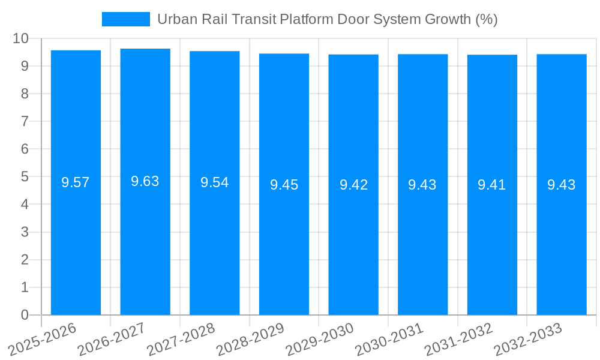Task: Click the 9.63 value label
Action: [x=145, y=181]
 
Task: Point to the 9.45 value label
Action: [x=284, y=185]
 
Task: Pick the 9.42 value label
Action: [x=353, y=185]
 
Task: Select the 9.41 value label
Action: [x=492, y=185]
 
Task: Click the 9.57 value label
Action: [x=76, y=182]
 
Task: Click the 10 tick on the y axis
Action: [x=20, y=38]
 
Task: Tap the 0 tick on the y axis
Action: [x=25, y=315]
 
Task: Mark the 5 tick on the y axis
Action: [x=25, y=177]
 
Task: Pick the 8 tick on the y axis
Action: [x=25, y=94]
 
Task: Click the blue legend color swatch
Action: [x=126, y=19]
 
